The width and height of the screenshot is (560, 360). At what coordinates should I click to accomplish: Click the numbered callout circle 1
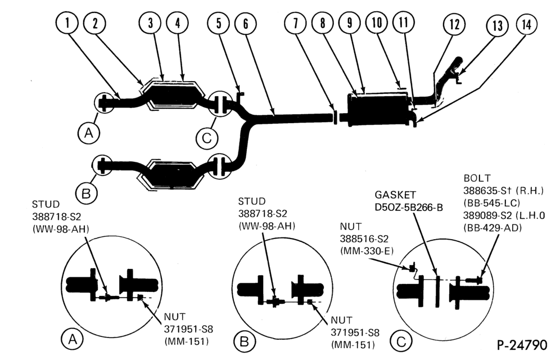(x=67, y=23)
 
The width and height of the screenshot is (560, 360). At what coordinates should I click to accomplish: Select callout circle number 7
(x=295, y=23)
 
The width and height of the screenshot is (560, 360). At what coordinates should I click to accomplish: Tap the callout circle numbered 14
(x=527, y=24)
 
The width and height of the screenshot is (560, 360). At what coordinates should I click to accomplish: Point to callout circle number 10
(x=377, y=22)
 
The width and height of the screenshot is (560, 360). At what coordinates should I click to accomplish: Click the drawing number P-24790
(x=522, y=345)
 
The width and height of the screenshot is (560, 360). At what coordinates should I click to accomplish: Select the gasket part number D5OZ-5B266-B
(x=409, y=208)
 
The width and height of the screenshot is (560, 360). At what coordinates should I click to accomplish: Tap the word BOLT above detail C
(x=477, y=178)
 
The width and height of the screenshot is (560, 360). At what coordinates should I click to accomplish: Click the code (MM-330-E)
(x=367, y=251)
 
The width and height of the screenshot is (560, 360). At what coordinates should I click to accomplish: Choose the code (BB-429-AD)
(x=493, y=227)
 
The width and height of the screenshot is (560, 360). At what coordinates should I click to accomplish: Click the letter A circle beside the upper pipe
(x=89, y=133)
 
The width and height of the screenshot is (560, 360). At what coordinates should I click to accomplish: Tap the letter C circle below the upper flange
(x=207, y=138)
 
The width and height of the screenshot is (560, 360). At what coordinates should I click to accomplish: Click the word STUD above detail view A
(x=46, y=204)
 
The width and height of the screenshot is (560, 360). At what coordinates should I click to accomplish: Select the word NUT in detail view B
(x=341, y=320)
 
